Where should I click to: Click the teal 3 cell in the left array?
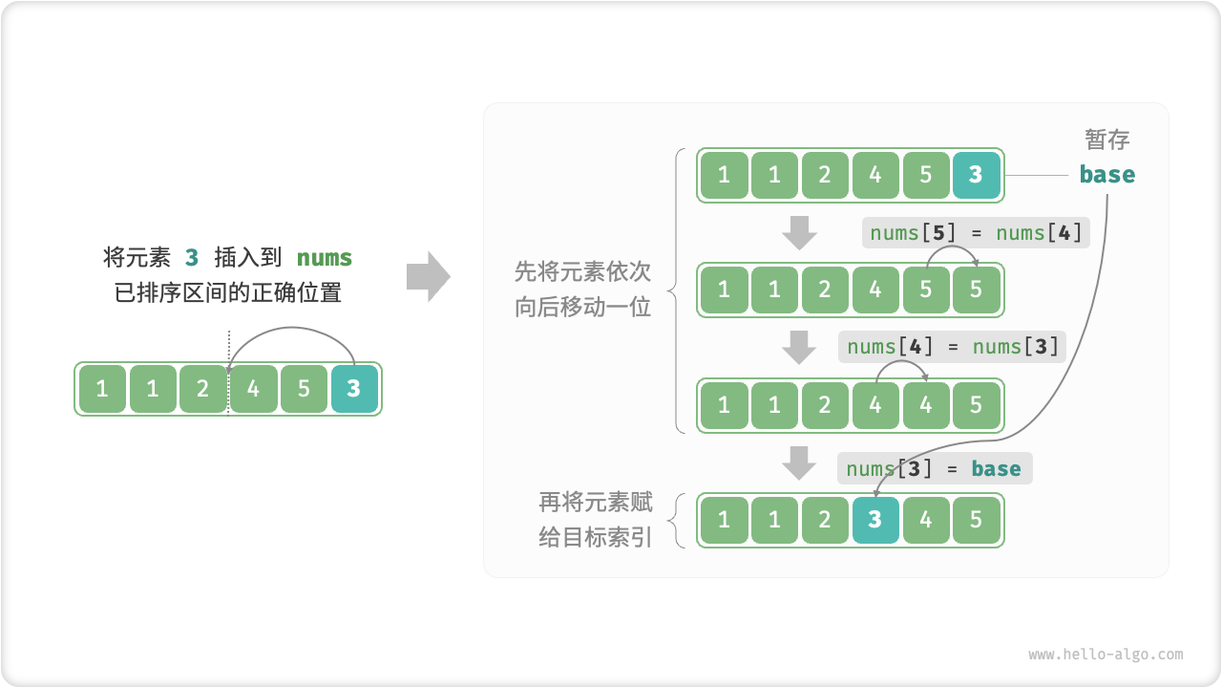click(x=354, y=389)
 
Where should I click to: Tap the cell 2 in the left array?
click(x=202, y=389)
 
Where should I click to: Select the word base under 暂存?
click(x=1106, y=175)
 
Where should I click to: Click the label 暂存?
click(x=1106, y=140)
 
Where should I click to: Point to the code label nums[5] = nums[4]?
click(x=975, y=232)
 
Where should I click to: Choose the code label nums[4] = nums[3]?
click(x=952, y=346)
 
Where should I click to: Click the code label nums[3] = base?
click(x=935, y=468)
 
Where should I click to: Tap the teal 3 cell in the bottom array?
click(x=875, y=520)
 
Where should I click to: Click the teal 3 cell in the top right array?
click(x=976, y=175)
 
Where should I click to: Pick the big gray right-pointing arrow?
click(x=428, y=276)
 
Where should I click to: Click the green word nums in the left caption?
click(x=325, y=258)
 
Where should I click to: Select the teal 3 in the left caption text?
click(x=192, y=258)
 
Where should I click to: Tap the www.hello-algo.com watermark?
click(x=1106, y=655)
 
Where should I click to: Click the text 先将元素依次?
click(x=582, y=272)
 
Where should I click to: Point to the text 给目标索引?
click(x=595, y=537)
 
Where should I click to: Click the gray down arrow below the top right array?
click(x=799, y=232)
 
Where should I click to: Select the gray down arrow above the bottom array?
click(x=799, y=463)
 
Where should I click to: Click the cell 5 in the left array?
click(x=304, y=389)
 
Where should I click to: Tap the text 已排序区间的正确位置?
click(x=228, y=292)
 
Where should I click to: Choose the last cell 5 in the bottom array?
click(x=976, y=520)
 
